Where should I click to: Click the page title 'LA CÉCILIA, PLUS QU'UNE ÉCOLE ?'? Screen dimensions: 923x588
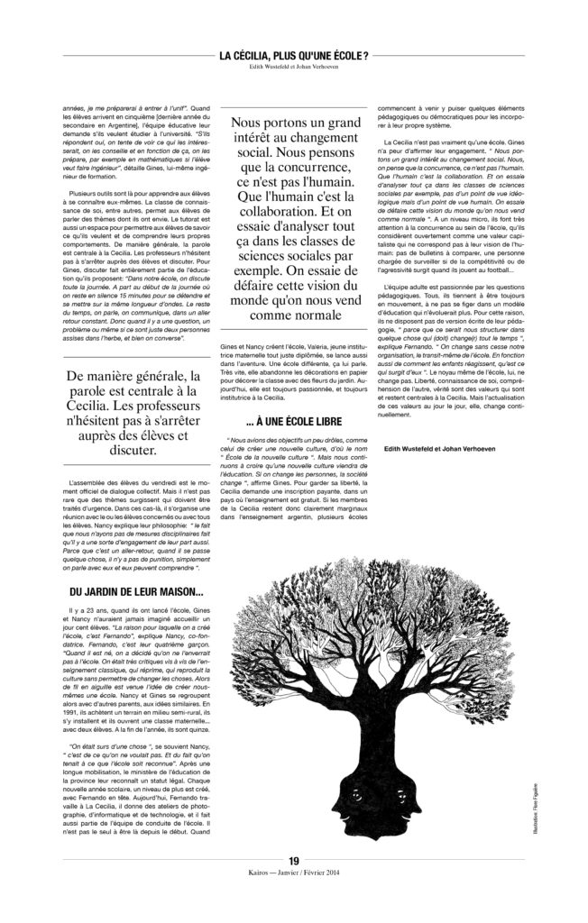coord(294,56)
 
